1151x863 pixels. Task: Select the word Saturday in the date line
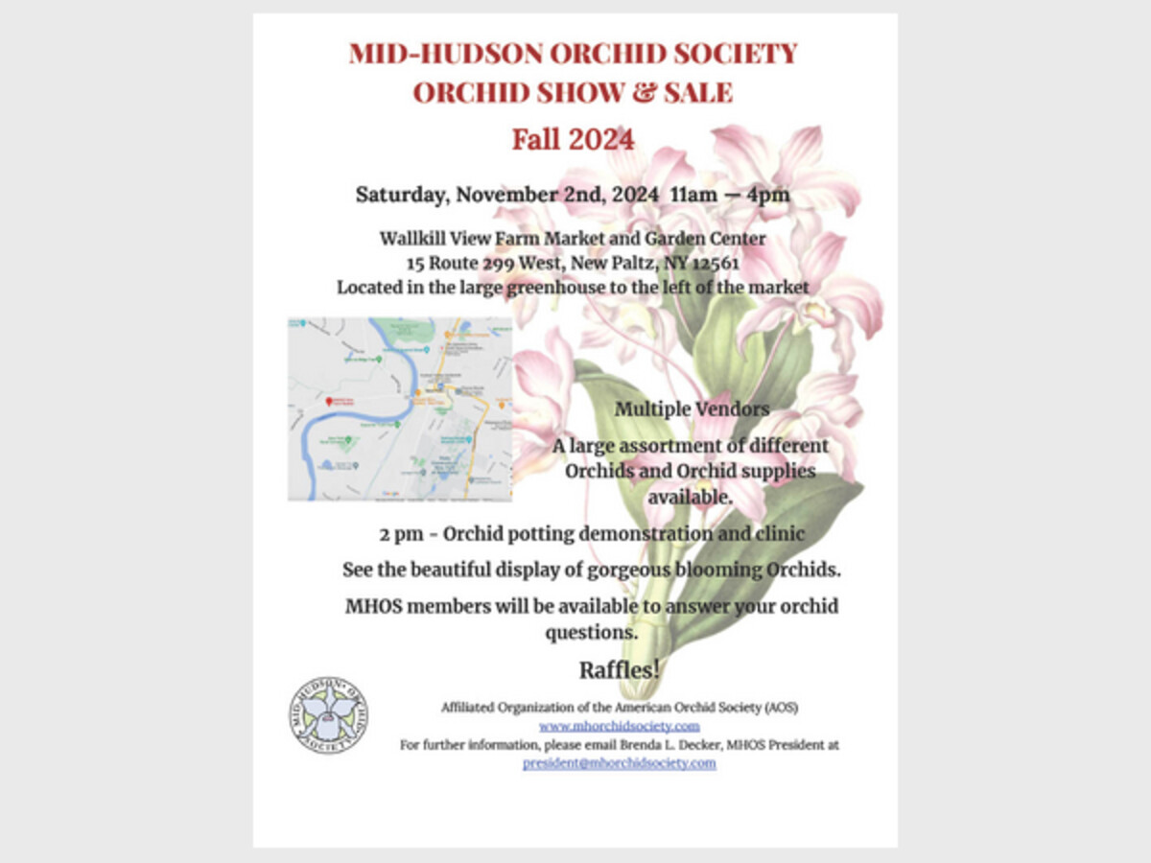[x=400, y=194]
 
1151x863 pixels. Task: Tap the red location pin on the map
[x=328, y=401]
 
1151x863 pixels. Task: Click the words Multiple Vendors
[x=692, y=409]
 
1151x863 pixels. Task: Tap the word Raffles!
[x=619, y=669]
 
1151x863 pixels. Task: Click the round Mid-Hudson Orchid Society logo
[x=328, y=715]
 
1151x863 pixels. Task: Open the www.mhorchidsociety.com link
[x=619, y=726]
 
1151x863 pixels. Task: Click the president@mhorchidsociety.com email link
[x=619, y=763]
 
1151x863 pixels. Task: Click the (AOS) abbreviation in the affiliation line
[x=780, y=708]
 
